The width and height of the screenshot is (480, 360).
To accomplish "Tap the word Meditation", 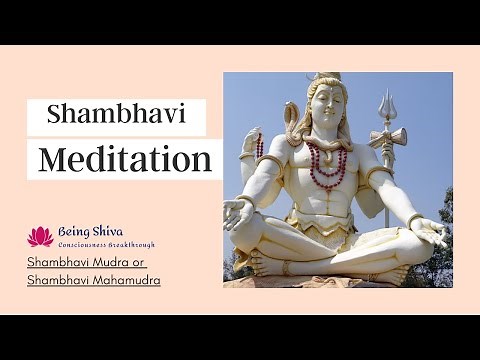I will coord(124,159).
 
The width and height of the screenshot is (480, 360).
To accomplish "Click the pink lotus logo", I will coord(40,236).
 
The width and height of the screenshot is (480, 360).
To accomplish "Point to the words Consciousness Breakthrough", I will coord(106,244).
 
